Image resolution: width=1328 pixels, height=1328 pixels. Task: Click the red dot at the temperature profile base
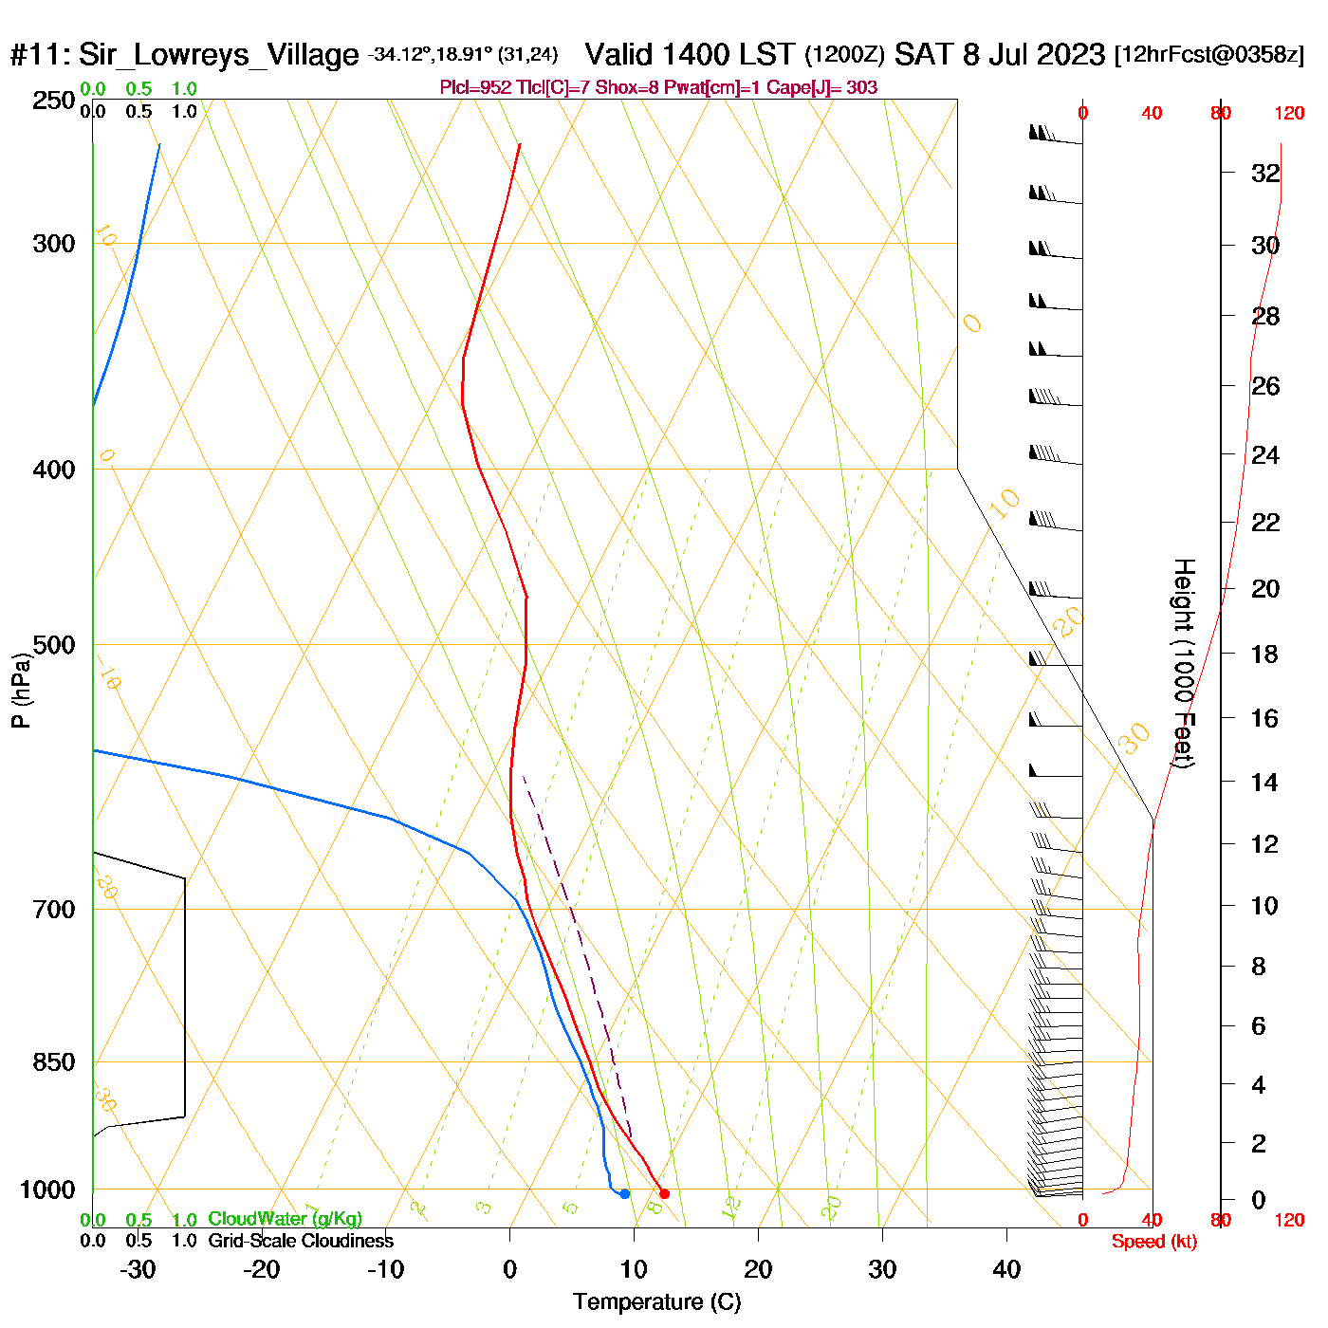[x=664, y=1193]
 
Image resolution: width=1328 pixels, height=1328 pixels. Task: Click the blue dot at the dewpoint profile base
[x=624, y=1193]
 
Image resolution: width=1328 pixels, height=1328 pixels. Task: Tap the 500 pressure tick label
[x=54, y=645]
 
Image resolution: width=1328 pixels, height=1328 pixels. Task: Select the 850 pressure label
[x=54, y=1062]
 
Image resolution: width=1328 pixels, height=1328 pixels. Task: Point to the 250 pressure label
[x=54, y=101]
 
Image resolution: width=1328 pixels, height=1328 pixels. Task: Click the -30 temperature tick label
[x=138, y=1269]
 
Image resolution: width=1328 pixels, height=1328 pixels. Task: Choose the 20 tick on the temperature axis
[x=758, y=1269]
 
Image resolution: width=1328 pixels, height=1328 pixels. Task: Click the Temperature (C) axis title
[x=656, y=1302]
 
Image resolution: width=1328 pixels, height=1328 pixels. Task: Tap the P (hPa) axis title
[x=21, y=690]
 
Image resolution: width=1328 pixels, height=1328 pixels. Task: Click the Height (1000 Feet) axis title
[x=1184, y=663]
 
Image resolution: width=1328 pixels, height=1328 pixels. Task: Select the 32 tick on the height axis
[x=1265, y=174]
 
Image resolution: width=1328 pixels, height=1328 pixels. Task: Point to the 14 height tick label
[x=1264, y=782]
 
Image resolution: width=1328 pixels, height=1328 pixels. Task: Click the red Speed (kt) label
[x=1153, y=1242]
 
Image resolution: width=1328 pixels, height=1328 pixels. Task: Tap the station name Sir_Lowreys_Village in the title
[x=218, y=55]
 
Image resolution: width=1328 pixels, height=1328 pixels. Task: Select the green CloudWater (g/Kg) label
[x=285, y=1219]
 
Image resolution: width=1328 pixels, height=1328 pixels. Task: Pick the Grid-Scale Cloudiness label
[x=301, y=1241]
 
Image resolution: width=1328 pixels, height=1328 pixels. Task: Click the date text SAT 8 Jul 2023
[x=1000, y=54]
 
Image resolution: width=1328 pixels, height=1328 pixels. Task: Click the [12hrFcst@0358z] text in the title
[x=1209, y=55]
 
